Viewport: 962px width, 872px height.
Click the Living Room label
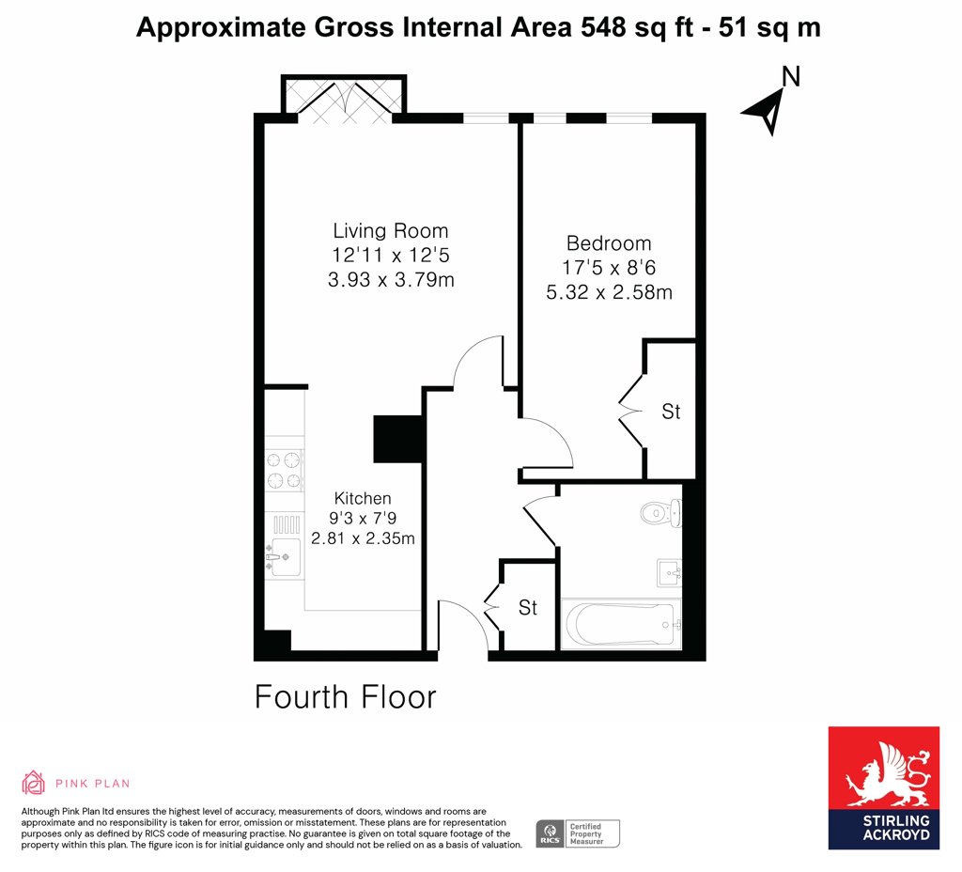[x=390, y=231]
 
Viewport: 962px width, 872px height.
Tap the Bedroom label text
[x=609, y=243]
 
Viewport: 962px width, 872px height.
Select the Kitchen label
[x=363, y=498]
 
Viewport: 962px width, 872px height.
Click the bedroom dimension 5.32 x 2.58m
[x=609, y=292]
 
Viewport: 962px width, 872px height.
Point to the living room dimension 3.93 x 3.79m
[x=391, y=280]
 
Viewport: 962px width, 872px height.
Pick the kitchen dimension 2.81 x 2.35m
[x=363, y=538]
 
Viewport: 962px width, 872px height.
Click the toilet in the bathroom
[x=660, y=513]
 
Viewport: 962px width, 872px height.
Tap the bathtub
[x=621, y=624]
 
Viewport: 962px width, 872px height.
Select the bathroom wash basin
[x=669, y=573]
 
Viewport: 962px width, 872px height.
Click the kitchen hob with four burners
[x=285, y=471]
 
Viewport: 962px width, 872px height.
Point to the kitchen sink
[x=284, y=556]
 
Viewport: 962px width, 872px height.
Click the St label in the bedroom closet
[x=671, y=412]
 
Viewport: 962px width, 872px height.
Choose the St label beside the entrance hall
[x=528, y=608]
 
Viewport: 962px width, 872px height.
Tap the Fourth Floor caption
[x=346, y=697]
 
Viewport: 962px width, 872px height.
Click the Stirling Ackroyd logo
[x=883, y=788]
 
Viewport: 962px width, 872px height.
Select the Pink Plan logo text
[x=93, y=784]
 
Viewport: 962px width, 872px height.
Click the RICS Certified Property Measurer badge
[x=578, y=834]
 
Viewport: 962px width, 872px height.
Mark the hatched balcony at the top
[x=344, y=95]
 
